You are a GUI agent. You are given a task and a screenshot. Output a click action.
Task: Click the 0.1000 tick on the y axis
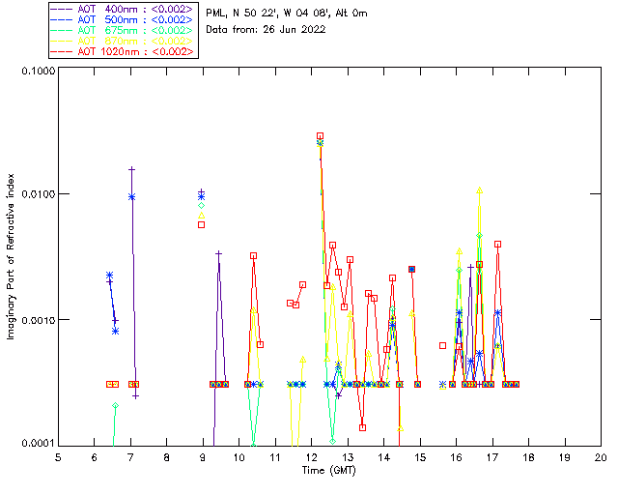click(35, 71)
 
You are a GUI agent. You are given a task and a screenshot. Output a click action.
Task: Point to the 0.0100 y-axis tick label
click(35, 194)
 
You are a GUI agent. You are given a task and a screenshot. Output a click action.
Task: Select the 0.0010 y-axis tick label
click(35, 319)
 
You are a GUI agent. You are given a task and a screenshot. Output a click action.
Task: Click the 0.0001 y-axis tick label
click(35, 443)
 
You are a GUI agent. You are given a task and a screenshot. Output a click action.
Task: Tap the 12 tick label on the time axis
click(311, 457)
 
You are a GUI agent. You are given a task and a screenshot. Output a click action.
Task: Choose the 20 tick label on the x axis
click(601, 457)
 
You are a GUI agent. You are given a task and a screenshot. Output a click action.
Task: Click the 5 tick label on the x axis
click(58, 457)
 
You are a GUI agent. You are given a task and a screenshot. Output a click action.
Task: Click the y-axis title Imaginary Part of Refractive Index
click(12, 257)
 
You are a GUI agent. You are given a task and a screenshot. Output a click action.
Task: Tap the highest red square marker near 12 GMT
click(320, 136)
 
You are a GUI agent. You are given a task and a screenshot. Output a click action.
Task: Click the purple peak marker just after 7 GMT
click(131, 169)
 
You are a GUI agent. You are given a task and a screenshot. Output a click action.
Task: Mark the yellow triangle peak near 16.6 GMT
click(479, 190)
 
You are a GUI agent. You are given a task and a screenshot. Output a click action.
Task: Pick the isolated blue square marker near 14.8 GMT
click(411, 269)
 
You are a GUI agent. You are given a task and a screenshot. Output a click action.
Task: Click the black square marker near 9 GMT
click(201, 224)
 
